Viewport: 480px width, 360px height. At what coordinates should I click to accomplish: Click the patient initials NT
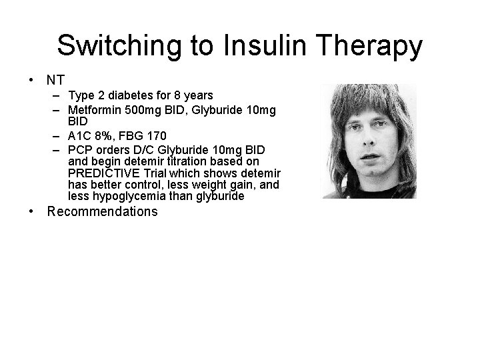coord(55,80)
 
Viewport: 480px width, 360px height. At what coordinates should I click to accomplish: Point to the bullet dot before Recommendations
coord(31,212)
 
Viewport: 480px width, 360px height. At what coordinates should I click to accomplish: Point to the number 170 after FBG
coord(157,137)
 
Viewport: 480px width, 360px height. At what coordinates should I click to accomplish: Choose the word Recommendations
coord(103,212)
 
